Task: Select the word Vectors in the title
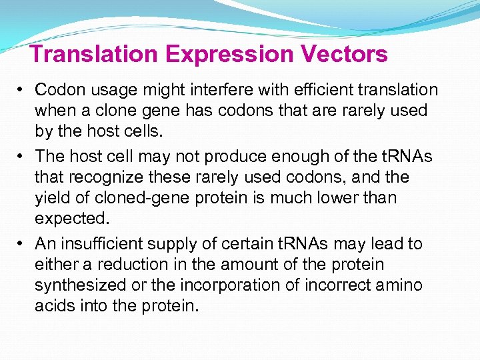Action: [x=347, y=53]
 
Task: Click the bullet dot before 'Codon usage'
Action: [x=22, y=90]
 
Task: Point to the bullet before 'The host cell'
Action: [x=22, y=157]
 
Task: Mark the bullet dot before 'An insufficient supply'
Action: [x=22, y=244]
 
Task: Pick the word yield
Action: [x=51, y=199]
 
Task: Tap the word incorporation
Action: [x=225, y=286]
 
